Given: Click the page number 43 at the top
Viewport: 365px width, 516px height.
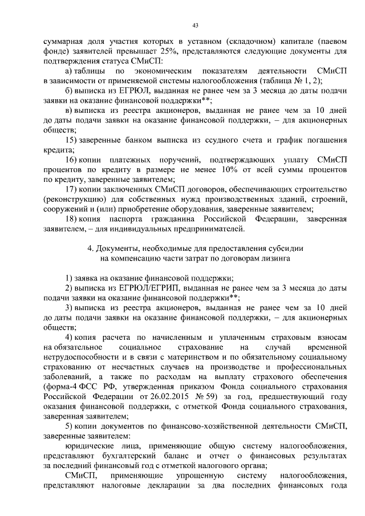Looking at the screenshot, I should point(195,25).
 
